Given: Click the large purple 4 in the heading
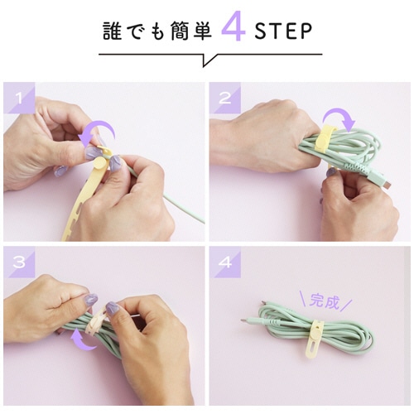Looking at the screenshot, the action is pyautogui.click(x=233, y=26).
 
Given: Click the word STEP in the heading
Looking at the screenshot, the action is pyautogui.click(x=283, y=31).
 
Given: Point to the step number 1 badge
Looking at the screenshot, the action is pyautogui.click(x=19, y=98).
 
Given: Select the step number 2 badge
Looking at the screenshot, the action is pyautogui.click(x=224, y=98).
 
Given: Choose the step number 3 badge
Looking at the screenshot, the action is pyautogui.click(x=19, y=262).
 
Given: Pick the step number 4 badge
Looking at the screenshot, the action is pyautogui.click(x=224, y=262).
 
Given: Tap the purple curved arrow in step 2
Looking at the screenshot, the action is pyautogui.click(x=339, y=114).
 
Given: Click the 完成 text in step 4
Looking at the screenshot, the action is pyautogui.click(x=324, y=301).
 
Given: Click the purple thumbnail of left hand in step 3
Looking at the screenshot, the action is pyautogui.click(x=91, y=300).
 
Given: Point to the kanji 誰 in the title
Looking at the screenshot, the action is pyautogui.click(x=112, y=31).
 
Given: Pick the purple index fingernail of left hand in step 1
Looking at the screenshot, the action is pyautogui.click(x=92, y=152).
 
